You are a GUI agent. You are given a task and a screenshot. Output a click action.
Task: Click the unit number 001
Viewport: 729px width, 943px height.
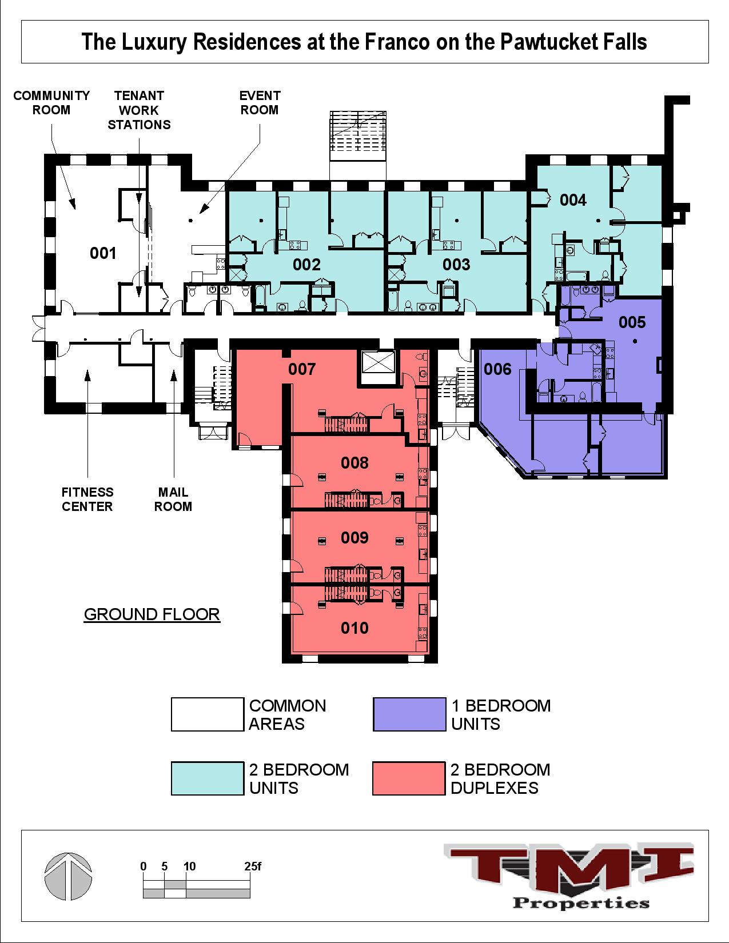tap(103, 253)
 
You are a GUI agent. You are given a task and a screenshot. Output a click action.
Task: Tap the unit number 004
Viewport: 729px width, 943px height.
tap(573, 200)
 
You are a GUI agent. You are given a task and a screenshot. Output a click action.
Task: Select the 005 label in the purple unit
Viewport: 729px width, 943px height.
tap(632, 322)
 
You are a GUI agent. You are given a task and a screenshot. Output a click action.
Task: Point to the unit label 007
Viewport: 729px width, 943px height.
tap(302, 369)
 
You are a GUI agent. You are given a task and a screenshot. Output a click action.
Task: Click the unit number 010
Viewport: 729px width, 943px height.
tap(354, 628)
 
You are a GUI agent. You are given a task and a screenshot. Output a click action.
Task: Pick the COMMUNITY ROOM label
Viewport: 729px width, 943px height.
tap(51, 103)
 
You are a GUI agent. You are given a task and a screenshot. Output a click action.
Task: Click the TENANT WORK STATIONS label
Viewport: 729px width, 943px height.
tap(139, 110)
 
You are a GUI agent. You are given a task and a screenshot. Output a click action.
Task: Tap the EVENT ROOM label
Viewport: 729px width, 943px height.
tap(260, 103)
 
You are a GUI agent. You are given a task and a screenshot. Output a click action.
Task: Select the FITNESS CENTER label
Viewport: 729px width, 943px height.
tap(87, 499)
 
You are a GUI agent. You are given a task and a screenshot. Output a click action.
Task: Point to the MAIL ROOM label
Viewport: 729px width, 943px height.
tap(173, 499)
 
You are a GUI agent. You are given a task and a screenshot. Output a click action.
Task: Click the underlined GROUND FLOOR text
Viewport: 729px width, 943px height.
tap(152, 614)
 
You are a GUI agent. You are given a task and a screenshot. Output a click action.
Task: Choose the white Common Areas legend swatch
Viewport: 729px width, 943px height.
tap(208, 714)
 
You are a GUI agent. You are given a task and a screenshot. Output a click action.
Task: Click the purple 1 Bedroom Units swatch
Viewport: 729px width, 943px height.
tap(409, 714)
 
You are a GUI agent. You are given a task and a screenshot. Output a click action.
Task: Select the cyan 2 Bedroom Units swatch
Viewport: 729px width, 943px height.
tap(208, 778)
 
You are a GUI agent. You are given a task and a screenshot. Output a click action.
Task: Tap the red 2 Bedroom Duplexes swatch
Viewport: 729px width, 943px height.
tap(409, 778)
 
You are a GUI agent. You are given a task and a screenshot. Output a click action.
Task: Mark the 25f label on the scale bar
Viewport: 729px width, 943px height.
tap(252, 866)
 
